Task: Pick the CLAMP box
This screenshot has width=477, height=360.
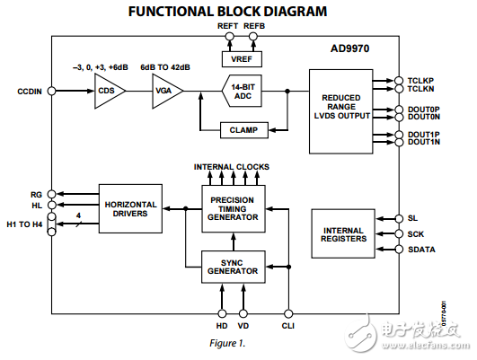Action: click(x=243, y=129)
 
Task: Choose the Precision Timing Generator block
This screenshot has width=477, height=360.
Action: click(x=232, y=208)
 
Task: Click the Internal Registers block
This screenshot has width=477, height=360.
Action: click(x=341, y=235)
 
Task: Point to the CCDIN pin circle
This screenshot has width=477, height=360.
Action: click(x=51, y=91)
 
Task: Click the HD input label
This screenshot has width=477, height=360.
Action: click(x=220, y=325)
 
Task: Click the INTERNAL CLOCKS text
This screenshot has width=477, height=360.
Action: click(x=231, y=167)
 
